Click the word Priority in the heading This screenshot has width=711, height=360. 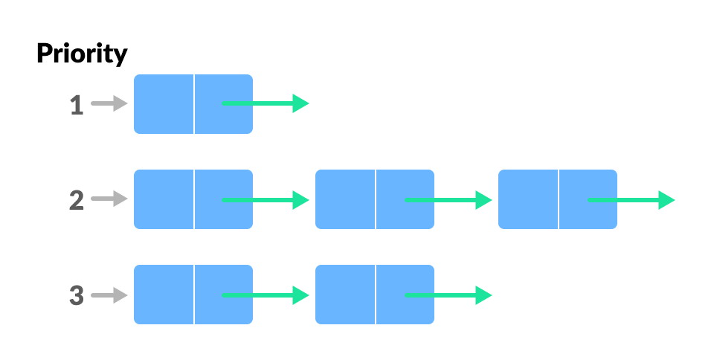tap(82, 54)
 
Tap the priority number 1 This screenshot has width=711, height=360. tap(76, 105)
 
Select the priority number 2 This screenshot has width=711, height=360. tap(76, 200)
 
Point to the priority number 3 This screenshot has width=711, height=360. tap(76, 295)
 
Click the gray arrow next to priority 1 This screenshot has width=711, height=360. tap(109, 104)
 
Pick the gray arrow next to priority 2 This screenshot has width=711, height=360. tap(109, 199)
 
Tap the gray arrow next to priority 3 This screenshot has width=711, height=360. tap(109, 295)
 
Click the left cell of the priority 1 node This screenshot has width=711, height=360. tap(164, 104)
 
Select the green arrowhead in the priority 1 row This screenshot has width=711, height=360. tap(300, 103)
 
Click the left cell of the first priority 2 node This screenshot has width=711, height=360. tap(164, 199)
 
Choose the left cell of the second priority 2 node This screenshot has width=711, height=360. tap(345, 199)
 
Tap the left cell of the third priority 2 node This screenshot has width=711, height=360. tap(528, 199)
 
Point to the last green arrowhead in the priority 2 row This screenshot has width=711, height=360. tap(666, 199)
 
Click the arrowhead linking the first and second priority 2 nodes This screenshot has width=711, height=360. tap(300, 199)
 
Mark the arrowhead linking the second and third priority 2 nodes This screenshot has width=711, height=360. tap(483, 199)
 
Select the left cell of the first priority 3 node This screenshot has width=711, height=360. tap(164, 295)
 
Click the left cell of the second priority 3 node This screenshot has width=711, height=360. tap(345, 295)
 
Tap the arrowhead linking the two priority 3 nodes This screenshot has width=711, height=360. tap(300, 295)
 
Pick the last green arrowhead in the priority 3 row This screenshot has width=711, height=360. tap(483, 295)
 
